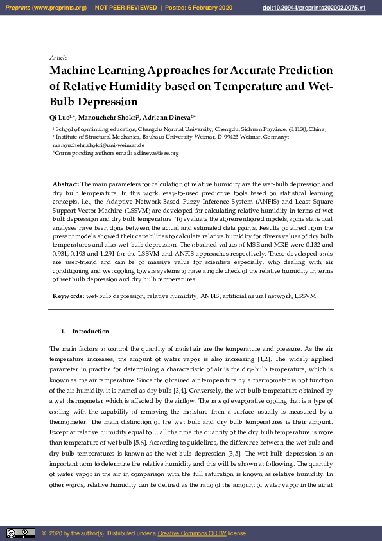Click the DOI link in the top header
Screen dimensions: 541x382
(x=323, y=8)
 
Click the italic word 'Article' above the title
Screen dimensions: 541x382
(x=58, y=58)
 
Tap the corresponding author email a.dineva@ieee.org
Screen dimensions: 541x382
(x=155, y=154)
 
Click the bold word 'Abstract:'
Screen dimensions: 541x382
(x=65, y=184)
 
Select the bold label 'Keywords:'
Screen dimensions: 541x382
(x=68, y=296)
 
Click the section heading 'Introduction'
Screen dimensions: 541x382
(x=91, y=332)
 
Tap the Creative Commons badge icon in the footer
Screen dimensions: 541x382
(x=21, y=533)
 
